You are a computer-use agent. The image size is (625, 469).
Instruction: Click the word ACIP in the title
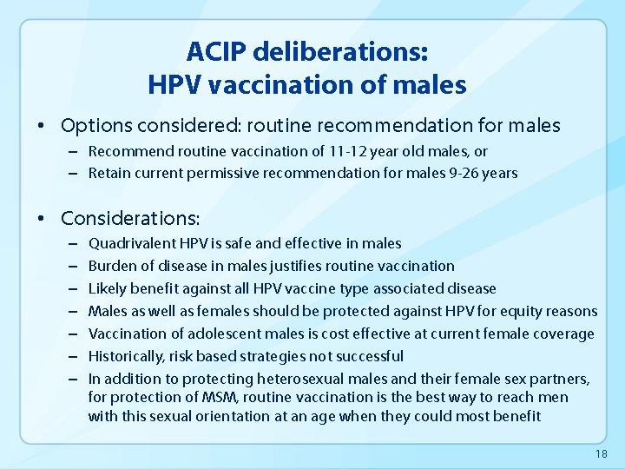(x=214, y=52)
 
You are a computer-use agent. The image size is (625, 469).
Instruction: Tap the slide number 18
(x=602, y=454)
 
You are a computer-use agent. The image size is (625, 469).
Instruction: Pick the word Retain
(x=110, y=173)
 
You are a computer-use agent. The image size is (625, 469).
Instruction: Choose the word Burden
(x=111, y=266)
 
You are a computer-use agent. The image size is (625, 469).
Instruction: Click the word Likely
(x=107, y=288)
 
